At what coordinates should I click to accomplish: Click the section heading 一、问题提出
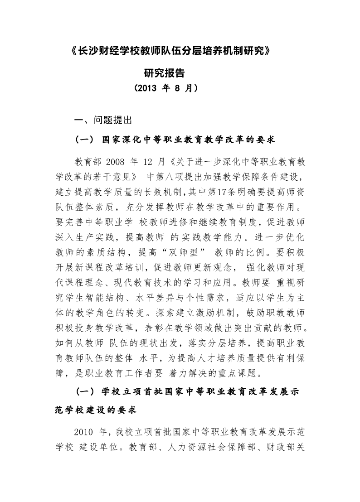[103, 120]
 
